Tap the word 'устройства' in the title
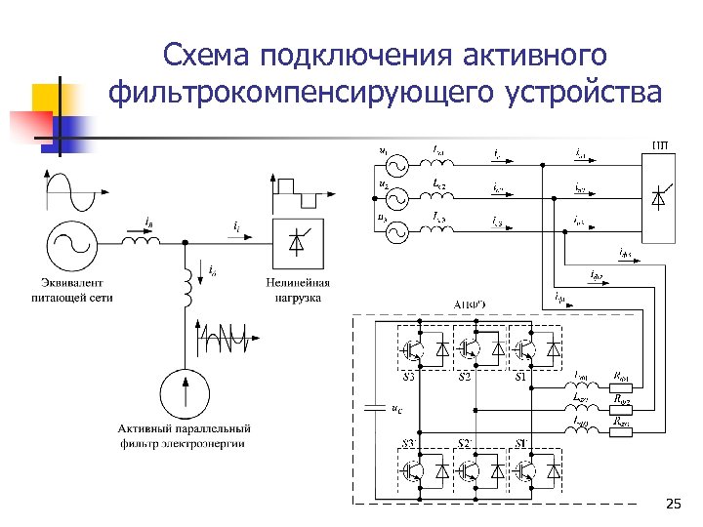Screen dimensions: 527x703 (x=584, y=94)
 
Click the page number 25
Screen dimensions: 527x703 (x=673, y=504)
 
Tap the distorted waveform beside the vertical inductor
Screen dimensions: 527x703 (x=227, y=336)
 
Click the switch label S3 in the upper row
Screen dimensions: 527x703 (x=408, y=376)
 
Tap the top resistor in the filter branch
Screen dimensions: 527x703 (x=621, y=383)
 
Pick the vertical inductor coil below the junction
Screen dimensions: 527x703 (x=183, y=286)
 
